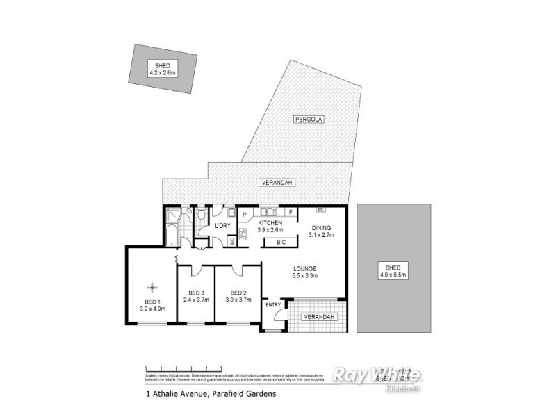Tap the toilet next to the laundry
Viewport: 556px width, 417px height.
(x=201, y=218)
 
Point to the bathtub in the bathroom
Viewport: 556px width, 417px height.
(x=171, y=234)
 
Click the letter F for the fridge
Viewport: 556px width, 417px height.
(x=291, y=211)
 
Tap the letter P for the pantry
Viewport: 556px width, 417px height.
(x=245, y=214)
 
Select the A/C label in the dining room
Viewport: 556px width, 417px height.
(x=320, y=209)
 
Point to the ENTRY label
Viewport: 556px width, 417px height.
(x=273, y=304)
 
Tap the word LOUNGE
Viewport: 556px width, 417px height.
(x=305, y=268)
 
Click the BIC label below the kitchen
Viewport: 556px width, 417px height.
(x=281, y=242)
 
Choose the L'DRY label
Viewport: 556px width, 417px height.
(x=222, y=226)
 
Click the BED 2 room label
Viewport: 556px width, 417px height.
(x=238, y=293)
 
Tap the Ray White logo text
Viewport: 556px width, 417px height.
(x=377, y=375)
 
